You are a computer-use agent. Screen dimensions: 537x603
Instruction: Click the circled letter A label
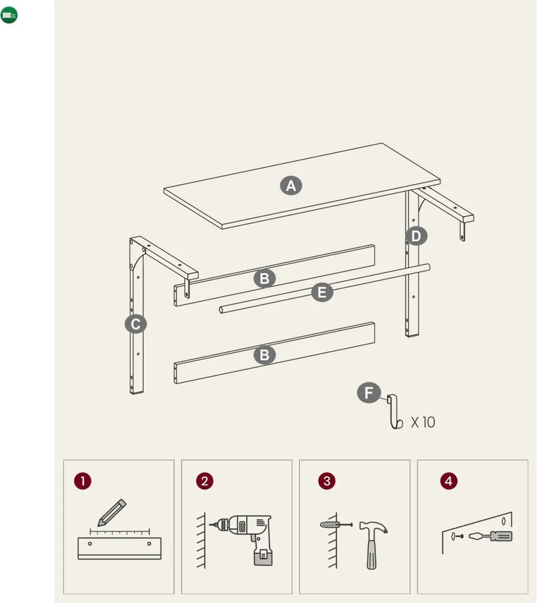tap(291, 186)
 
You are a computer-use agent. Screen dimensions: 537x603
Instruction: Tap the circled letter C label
tap(135, 324)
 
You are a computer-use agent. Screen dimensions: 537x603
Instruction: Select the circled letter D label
tap(416, 236)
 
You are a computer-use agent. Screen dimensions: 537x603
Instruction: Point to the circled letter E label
tap(322, 292)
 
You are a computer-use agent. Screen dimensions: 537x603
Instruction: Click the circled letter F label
tap(368, 393)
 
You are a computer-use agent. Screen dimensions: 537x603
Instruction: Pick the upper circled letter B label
tap(264, 278)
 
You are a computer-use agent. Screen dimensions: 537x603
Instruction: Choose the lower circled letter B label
tap(264, 355)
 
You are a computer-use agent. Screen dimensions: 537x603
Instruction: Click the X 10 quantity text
tap(423, 422)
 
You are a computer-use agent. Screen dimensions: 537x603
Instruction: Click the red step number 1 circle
tap(83, 481)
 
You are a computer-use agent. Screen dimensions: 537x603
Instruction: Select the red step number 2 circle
tap(205, 481)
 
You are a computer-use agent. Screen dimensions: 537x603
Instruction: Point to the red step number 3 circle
tap(327, 481)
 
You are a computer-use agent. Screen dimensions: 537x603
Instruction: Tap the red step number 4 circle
tap(449, 481)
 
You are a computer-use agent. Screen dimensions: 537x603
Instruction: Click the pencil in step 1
tap(112, 513)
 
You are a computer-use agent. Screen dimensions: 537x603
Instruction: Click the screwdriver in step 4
tap(490, 536)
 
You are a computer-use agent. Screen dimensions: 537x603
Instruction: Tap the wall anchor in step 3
tap(336, 524)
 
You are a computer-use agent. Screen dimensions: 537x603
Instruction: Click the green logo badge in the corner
tap(9, 15)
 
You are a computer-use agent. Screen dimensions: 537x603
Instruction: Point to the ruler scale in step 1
tap(119, 532)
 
